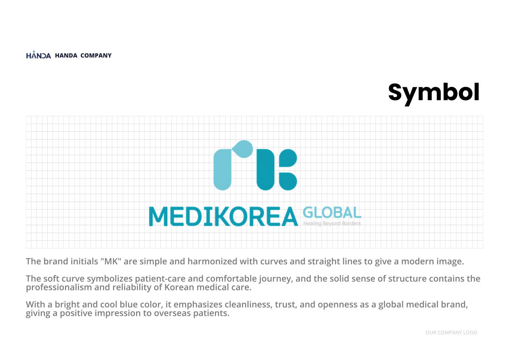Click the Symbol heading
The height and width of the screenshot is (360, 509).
tap(433, 93)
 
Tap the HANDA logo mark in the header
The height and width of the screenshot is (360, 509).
tap(38, 55)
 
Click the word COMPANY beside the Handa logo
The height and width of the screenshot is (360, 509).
tap(96, 55)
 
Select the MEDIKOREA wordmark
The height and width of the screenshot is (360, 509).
tap(223, 217)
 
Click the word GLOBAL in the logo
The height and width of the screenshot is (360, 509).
tap(332, 213)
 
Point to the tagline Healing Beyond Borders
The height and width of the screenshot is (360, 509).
tap(332, 223)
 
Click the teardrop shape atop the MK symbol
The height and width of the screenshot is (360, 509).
tap(243, 149)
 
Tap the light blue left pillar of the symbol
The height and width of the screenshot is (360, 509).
tap(222, 170)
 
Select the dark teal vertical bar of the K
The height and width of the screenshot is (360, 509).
tap(265, 170)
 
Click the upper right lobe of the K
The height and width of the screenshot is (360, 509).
tap(288, 158)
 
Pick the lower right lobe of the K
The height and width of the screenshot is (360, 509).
tap(288, 181)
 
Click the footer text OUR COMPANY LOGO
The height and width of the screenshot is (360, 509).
tap(451, 333)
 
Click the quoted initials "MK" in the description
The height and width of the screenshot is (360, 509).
tap(111, 261)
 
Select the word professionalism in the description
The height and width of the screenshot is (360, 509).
tap(59, 288)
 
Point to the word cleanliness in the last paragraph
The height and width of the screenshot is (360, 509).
tap(248, 305)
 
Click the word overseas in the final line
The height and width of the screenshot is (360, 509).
tap(172, 314)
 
